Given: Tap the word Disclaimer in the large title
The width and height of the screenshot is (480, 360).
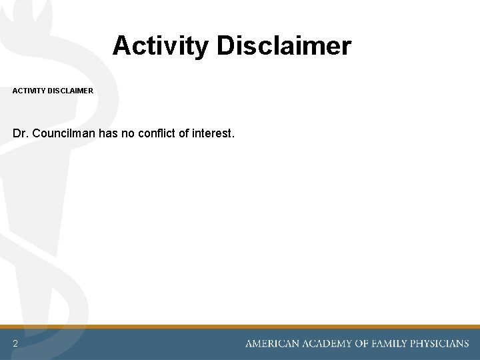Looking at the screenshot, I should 283,46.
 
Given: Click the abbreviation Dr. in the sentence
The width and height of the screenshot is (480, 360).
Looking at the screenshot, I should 20,133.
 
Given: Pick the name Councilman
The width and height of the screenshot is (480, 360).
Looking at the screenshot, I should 64,133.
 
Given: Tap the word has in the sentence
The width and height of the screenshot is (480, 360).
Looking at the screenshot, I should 109,133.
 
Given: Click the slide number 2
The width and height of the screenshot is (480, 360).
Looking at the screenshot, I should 15,343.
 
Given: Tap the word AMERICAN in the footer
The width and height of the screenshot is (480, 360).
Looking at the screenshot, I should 273,344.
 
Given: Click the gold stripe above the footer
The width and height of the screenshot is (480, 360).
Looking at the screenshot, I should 240,327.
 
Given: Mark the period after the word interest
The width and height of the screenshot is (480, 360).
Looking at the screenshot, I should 233,137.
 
